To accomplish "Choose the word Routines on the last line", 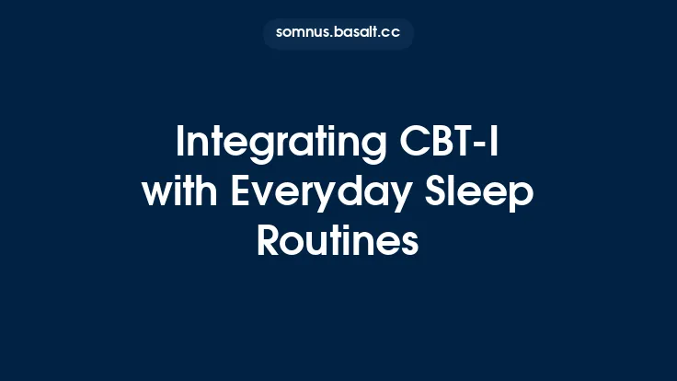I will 338,240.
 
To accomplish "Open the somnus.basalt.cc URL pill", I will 338,32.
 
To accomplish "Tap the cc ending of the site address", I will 393,32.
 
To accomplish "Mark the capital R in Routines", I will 268,240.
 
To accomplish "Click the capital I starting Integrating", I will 180,143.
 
